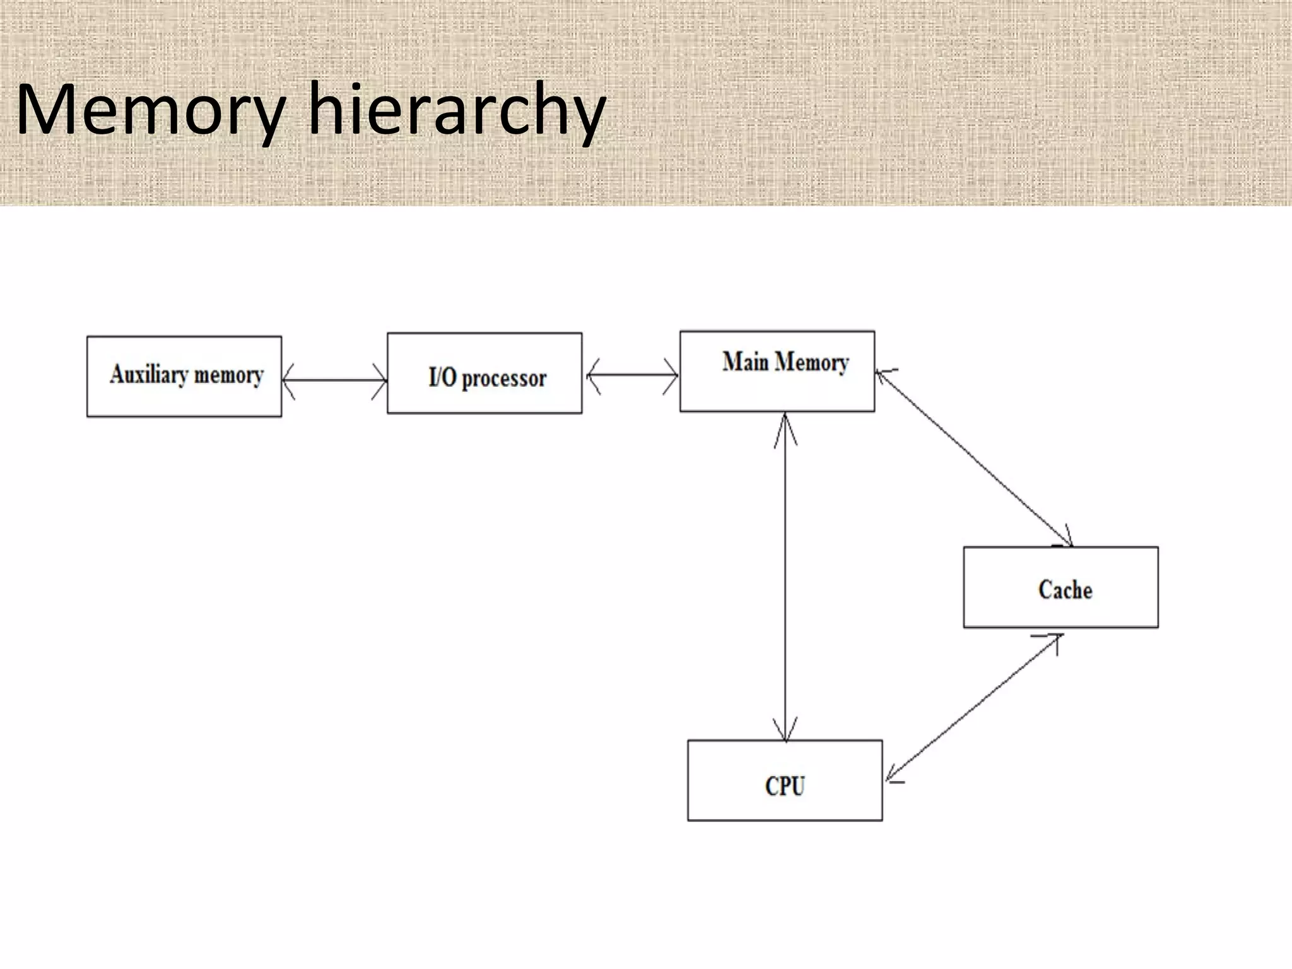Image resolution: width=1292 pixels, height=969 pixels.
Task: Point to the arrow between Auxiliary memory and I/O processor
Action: coord(334,380)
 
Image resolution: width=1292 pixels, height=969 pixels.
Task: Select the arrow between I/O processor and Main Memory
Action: coord(631,376)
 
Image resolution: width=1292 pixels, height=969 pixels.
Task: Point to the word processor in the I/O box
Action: coord(504,379)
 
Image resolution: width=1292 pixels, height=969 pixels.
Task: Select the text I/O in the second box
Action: coord(442,377)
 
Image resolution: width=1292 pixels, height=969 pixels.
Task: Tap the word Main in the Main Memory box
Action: coord(746,361)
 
